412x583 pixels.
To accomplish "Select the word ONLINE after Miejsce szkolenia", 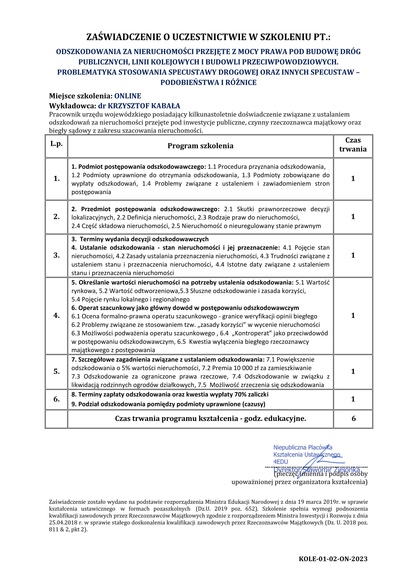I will [128, 96].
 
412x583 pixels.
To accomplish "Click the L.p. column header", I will [56, 144].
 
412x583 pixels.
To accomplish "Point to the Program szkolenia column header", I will [201, 146].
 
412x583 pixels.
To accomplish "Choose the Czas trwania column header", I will [353, 145].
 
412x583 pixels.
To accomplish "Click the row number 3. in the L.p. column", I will [56, 255].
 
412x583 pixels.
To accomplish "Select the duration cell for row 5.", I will [353, 371].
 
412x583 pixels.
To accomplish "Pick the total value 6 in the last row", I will [354, 418].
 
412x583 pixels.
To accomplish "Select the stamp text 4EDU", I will [280, 462].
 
